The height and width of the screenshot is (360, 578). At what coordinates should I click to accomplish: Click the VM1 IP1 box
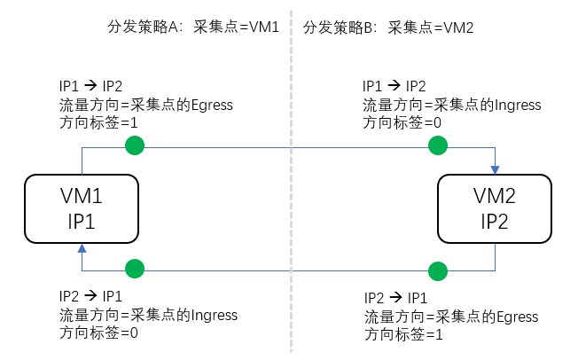coord(82,209)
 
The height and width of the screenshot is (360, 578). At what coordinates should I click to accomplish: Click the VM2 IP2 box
coord(496,209)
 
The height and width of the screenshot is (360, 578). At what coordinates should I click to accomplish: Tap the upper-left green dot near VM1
coord(133,145)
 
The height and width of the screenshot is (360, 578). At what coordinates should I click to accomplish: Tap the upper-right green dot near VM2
coord(435,145)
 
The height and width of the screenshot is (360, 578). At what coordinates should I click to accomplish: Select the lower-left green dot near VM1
coord(134,268)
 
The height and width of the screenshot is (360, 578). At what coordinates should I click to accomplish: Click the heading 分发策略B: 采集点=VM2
coord(388,27)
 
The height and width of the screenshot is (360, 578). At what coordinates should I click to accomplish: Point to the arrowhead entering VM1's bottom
coord(82,249)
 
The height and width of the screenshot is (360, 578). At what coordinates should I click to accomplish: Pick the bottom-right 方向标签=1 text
coord(403,336)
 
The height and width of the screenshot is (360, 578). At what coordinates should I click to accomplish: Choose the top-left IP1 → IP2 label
coord(90,86)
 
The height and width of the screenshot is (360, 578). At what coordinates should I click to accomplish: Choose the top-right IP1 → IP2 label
coord(394,86)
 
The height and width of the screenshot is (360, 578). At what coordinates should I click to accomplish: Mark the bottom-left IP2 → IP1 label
coord(90,295)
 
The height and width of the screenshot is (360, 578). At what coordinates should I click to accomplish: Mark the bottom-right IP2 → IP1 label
coord(395,298)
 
